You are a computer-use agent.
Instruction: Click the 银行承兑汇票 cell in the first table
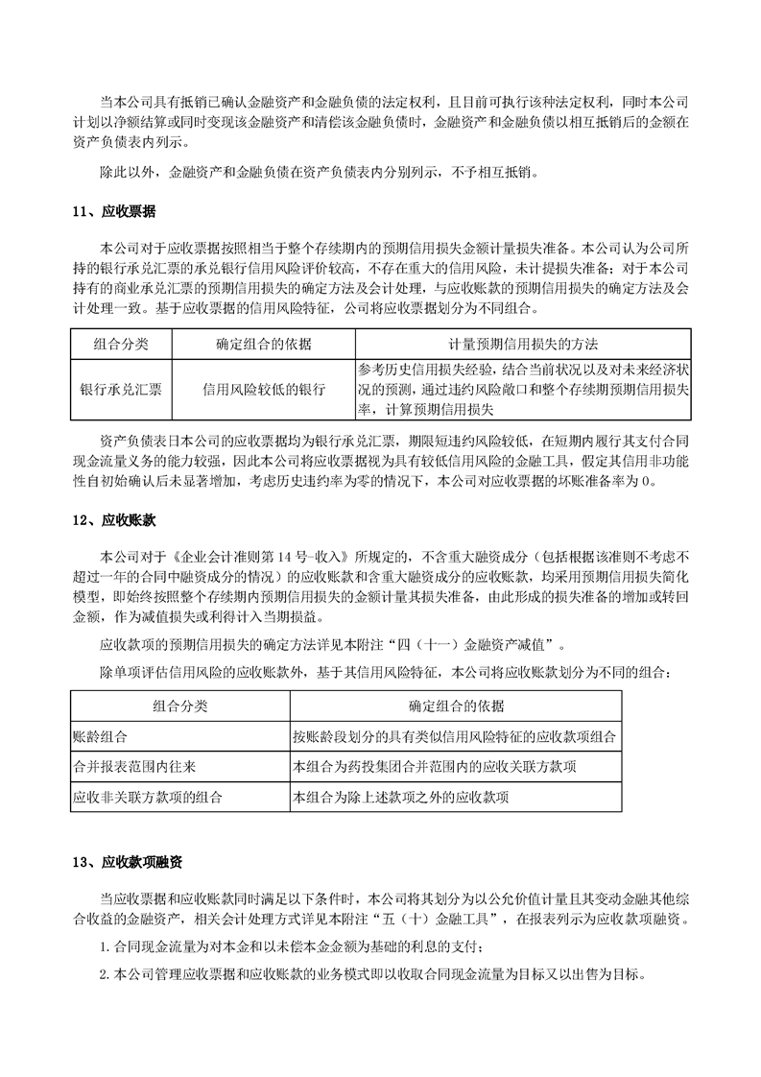point(120,390)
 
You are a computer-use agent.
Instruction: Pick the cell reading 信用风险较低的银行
point(263,390)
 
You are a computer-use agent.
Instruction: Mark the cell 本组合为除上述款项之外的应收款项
point(401,797)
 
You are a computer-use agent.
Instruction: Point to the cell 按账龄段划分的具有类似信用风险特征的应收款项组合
point(455,737)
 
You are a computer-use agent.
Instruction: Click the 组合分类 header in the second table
point(180,706)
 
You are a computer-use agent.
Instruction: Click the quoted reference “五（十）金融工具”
point(434,921)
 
